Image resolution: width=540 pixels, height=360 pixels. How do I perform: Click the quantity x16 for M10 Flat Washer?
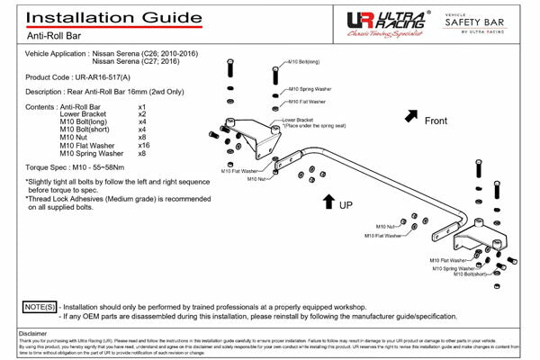click(144, 145)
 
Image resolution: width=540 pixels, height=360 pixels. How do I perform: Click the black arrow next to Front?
click(410, 115)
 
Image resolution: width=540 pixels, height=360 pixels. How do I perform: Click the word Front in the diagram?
click(436, 121)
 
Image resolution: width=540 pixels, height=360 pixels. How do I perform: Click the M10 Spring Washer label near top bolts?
click(310, 90)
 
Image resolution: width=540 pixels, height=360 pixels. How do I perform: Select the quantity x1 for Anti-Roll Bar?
click(142, 107)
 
